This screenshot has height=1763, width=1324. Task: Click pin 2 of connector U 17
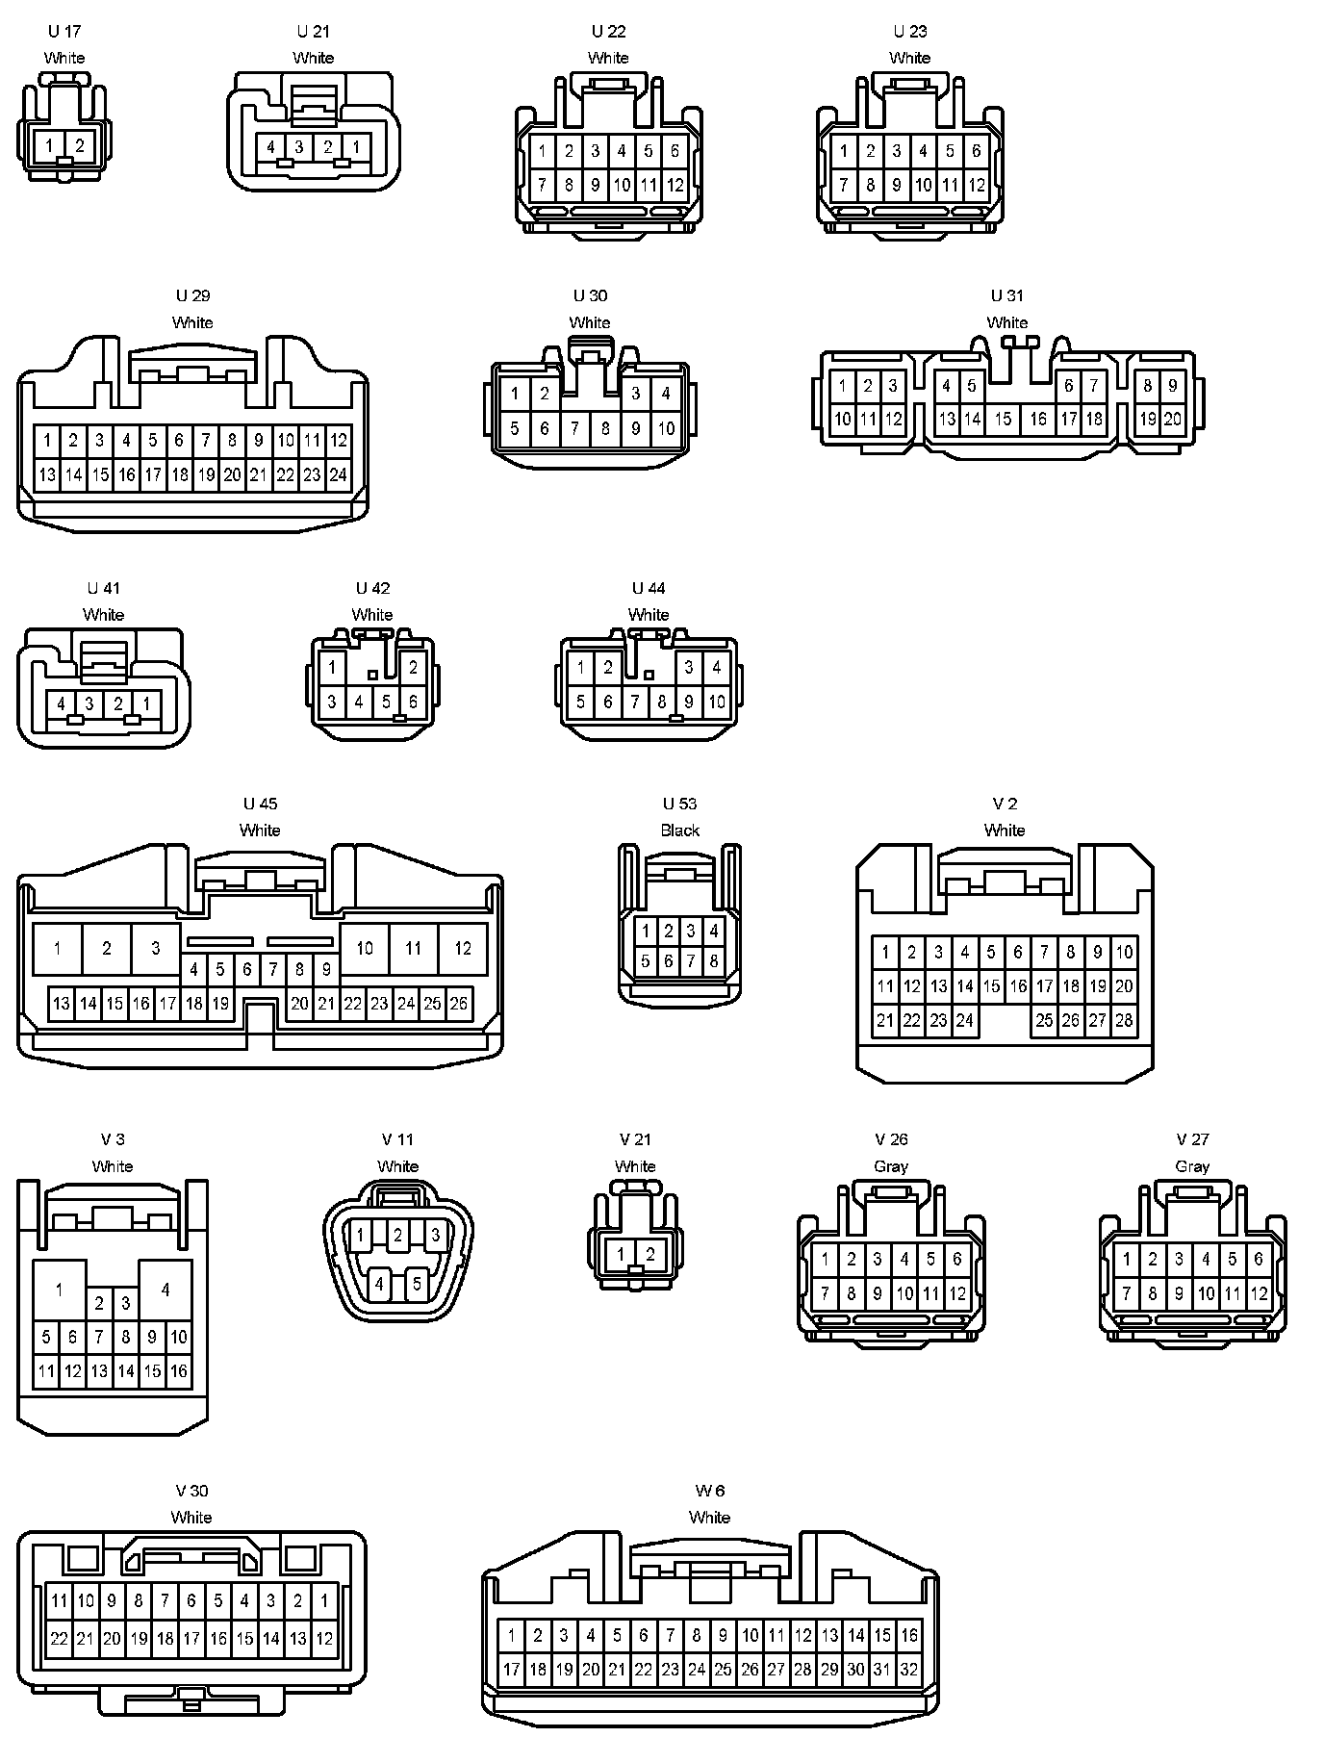click(80, 147)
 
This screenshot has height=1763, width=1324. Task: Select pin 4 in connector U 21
click(271, 147)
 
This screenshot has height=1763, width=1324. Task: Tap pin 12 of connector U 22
click(675, 185)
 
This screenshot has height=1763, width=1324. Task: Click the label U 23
click(909, 32)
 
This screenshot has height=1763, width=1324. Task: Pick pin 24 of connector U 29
click(338, 474)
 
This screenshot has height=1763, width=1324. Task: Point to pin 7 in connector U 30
click(574, 428)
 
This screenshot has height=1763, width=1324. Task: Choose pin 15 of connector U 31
click(1004, 419)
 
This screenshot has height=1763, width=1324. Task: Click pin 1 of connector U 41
click(146, 704)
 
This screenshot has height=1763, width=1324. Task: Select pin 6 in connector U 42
click(414, 702)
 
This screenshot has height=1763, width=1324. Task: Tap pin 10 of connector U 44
click(717, 702)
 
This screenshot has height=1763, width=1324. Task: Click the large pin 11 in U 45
click(413, 949)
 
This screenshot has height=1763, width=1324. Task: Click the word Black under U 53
click(679, 830)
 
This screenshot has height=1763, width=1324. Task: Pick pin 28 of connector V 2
click(1124, 1021)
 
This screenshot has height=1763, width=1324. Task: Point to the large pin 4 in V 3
click(165, 1290)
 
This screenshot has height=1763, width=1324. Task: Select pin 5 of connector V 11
click(417, 1284)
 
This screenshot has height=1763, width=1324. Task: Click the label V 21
click(635, 1139)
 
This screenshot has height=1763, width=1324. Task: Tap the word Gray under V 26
click(891, 1166)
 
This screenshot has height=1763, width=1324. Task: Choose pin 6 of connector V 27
click(1259, 1259)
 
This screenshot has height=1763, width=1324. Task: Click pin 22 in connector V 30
click(59, 1638)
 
